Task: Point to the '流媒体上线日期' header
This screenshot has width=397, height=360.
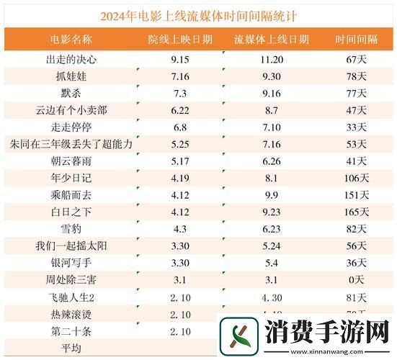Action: [272, 38]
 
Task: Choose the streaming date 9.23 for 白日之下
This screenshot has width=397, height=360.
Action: [272, 212]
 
